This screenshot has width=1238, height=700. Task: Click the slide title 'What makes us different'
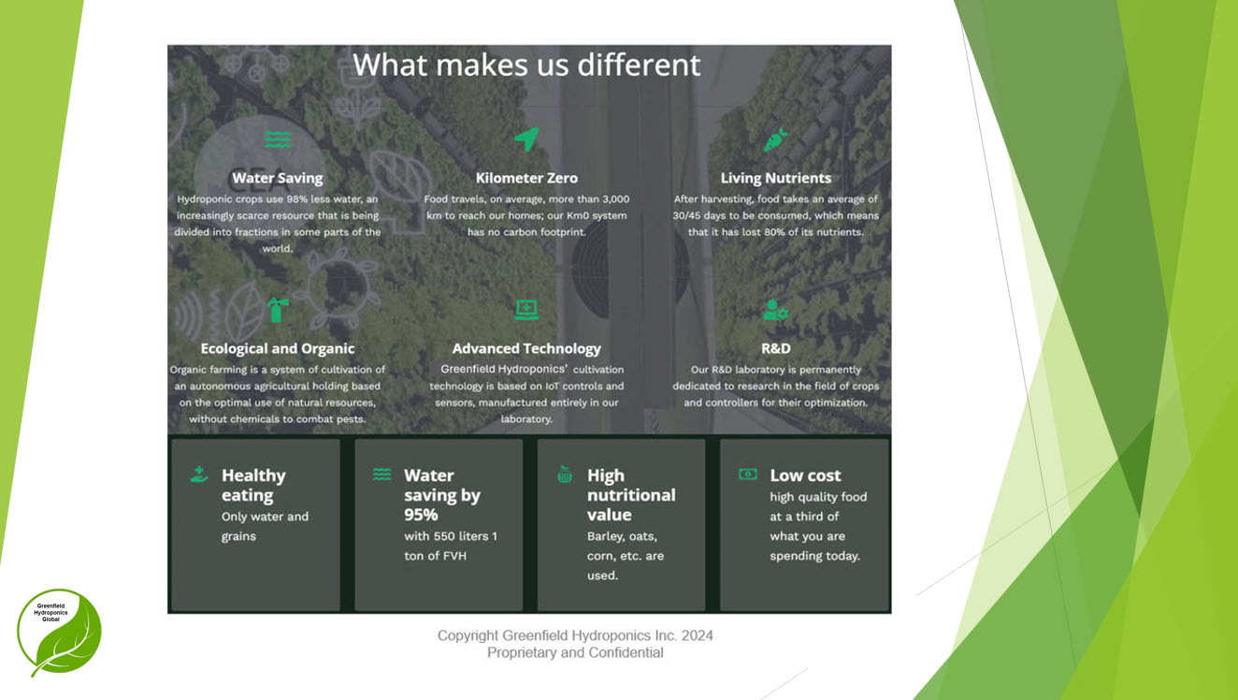(x=526, y=65)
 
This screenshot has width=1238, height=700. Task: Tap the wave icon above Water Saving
(x=278, y=139)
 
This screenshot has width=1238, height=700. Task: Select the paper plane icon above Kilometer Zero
(x=526, y=139)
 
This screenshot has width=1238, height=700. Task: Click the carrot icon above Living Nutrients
(x=775, y=139)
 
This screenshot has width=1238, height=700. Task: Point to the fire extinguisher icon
(x=278, y=310)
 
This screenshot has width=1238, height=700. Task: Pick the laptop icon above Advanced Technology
(x=526, y=310)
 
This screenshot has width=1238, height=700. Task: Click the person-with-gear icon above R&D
(x=775, y=310)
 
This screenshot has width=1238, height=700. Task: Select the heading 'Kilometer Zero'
(x=526, y=178)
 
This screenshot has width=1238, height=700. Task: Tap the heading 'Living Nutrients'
(x=775, y=178)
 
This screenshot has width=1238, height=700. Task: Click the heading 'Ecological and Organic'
(x=278, y=349)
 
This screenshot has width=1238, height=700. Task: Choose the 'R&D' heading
(x=775, y=349)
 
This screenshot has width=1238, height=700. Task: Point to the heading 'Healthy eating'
(x=253, y=486)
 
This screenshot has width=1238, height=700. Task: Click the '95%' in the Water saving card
(x=421, y=516)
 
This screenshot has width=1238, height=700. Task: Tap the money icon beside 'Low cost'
(x=748, y=474)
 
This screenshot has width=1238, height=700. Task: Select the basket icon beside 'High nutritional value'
(x=564, y=474)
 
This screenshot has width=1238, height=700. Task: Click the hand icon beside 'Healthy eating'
(x=199, y=474)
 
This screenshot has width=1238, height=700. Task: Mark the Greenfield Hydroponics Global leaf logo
(x=59, y=633)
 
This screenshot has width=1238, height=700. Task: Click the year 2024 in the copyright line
(x=697, y=635)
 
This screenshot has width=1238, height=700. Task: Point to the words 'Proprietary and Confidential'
(x=575, y=653)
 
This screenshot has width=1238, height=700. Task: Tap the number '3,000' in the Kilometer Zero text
(x=615, y=199)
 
